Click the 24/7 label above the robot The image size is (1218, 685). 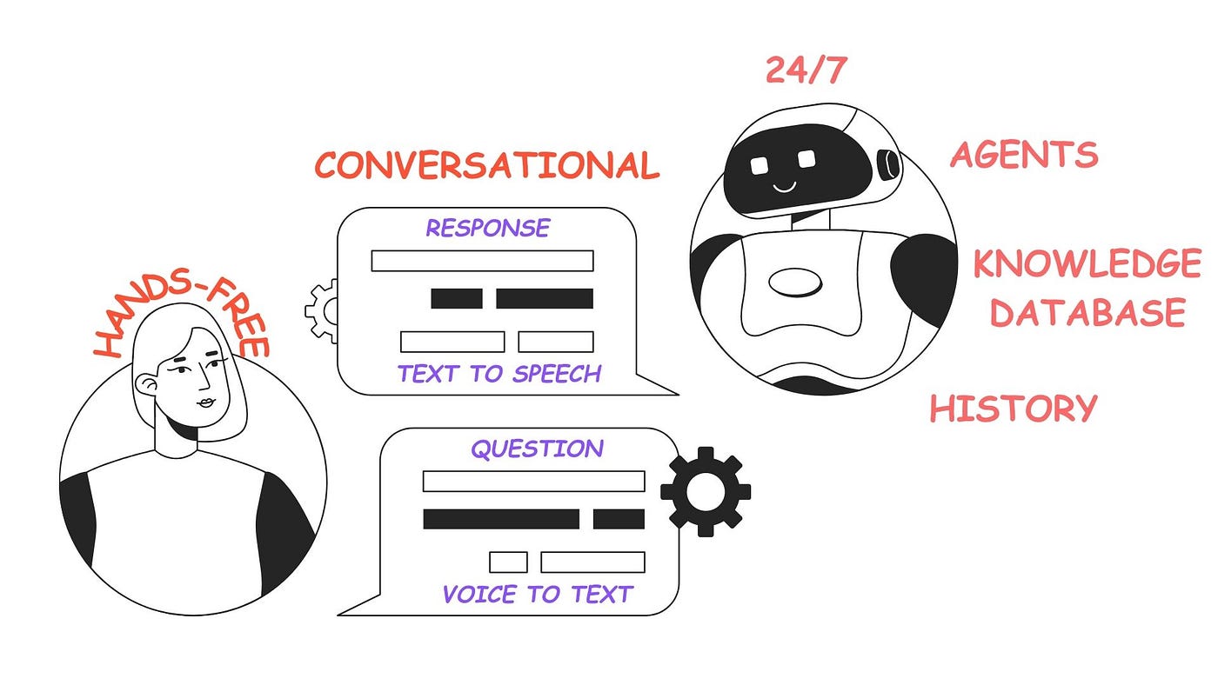[806, 70]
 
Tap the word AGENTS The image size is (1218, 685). [1024, 155]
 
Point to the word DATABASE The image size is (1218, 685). [1088, 312]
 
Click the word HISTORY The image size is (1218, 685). [1014, 408]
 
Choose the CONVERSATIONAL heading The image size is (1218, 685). [487, 165]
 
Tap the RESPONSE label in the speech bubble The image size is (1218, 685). [487, 228]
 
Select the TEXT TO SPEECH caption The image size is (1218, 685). [499, 374]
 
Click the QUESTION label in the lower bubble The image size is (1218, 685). [537, 449]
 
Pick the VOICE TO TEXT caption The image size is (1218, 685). [537, 595]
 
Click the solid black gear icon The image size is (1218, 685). [706, 491]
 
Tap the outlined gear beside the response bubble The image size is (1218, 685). [320, 310]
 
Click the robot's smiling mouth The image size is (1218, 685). [785, 186]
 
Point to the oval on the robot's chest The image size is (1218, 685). [794, 282]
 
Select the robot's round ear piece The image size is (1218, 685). [889, 163]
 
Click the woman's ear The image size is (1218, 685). [148, 386]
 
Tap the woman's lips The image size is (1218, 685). [205, 402]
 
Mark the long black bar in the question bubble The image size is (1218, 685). [501, 519]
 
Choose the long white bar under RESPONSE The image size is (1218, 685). [482, 261]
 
